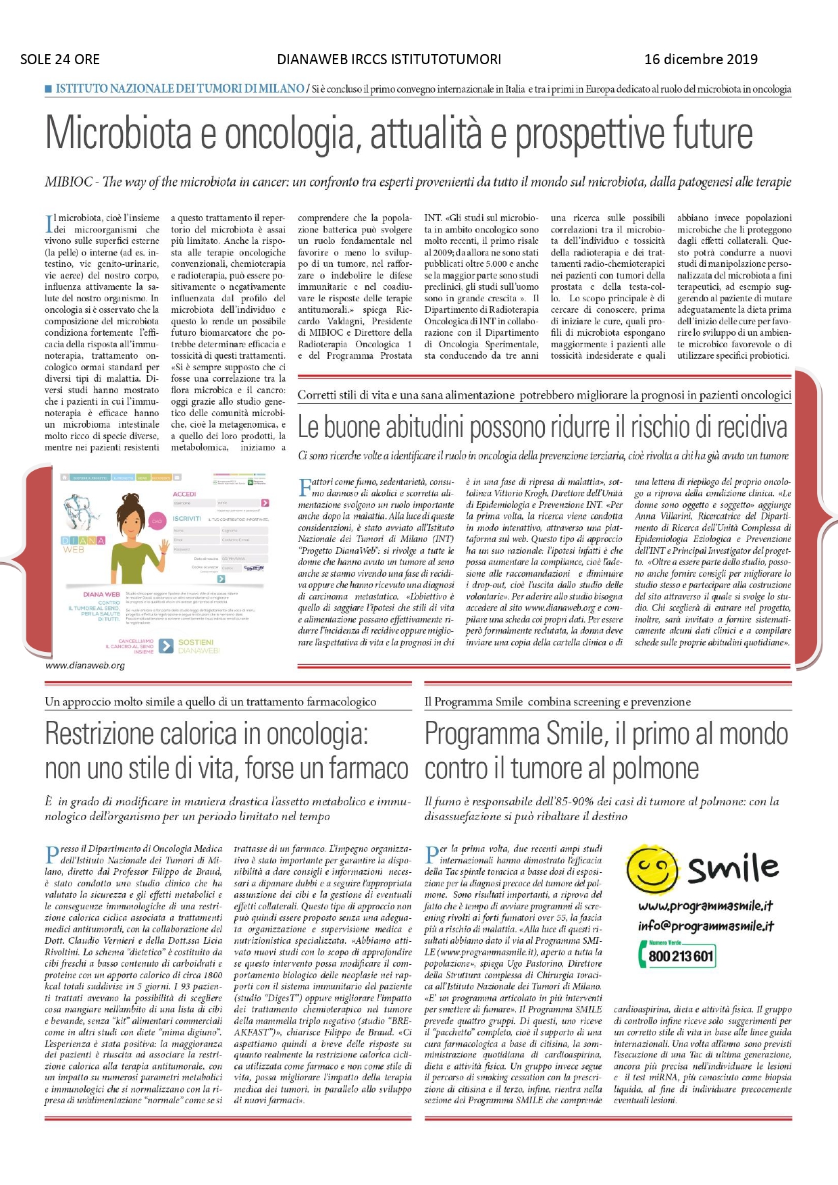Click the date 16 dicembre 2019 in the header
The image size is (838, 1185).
[701, 59]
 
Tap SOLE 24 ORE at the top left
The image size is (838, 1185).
[60, 59]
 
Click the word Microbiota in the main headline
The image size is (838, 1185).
[125, 134]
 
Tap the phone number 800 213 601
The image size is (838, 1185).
[681, 957]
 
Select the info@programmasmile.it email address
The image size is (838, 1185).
[706, 926]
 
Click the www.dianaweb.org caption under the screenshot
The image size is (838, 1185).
[85, 665]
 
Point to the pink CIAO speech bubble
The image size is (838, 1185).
[157, 521]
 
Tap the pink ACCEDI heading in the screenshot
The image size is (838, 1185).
[184, 494]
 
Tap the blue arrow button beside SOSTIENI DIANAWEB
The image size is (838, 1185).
[165, 646]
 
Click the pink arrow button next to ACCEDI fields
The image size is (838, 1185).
[265, 503]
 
